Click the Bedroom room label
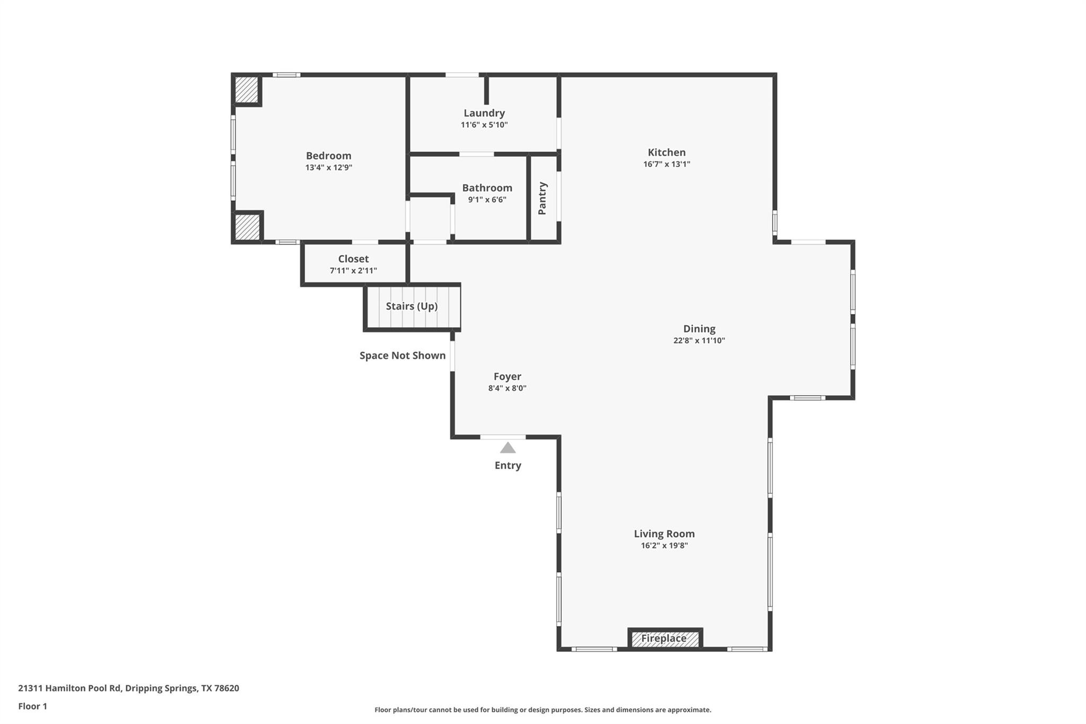328,155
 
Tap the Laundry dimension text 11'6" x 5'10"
484,125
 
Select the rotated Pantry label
542,198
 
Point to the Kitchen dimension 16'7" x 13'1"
666,164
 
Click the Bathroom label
487,188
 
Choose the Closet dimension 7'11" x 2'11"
353,271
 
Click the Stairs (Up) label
411,306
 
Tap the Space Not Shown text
402,355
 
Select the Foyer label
507,376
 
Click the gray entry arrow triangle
507,448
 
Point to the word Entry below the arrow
507,465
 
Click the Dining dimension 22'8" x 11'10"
699,341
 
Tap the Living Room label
664,534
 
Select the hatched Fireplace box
664,639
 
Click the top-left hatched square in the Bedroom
247,90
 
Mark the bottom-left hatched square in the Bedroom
247,227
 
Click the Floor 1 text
32,706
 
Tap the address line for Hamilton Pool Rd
128,688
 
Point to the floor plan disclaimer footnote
542,710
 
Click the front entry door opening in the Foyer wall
503,437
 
